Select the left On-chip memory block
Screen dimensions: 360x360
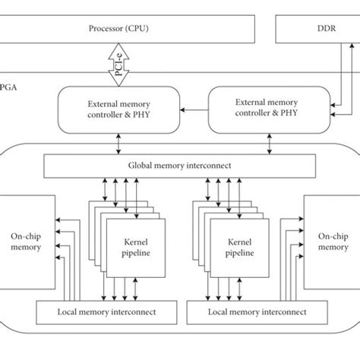tap(27, 242)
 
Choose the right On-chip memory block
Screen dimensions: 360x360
tap(332, 242)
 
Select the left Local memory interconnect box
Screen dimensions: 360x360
tap(107, 312)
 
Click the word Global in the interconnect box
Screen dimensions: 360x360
tap(134, 166)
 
